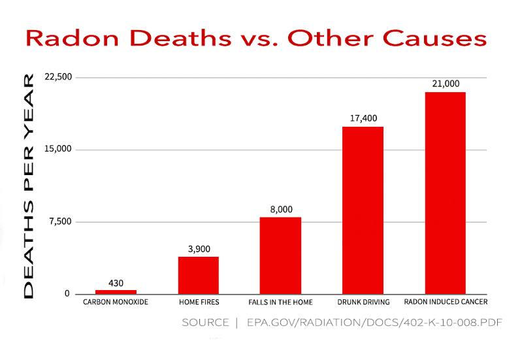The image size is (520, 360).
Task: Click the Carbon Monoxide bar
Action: point(116,291)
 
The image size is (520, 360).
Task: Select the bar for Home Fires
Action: point(198,275)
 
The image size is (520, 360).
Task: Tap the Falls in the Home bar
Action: point(280,255)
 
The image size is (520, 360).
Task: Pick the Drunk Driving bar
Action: point(363,210)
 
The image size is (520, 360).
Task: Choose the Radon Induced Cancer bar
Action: point(445,193)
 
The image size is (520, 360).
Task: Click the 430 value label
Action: point(116,283)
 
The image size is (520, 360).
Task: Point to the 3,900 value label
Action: point(198,250)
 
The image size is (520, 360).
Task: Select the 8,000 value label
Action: point(280,210)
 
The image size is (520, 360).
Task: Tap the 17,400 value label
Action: point(363,118)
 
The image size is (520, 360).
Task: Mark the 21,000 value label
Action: point(446,84)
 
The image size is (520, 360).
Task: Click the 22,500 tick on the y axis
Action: point(57,77)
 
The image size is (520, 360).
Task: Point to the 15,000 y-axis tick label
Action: point(57,150)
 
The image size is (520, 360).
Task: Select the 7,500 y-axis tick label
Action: point(60,222)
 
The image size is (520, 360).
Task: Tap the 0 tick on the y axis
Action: point(67,294)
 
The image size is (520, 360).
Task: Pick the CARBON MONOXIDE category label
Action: point(116,303)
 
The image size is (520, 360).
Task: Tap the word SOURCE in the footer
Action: point(205,323)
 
